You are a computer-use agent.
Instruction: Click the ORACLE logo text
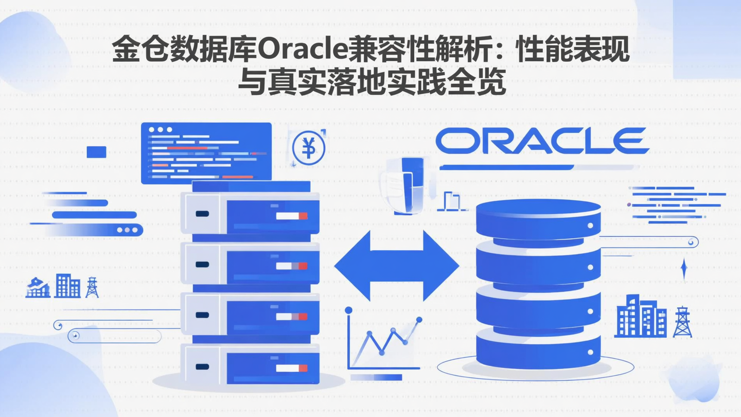point(542,141)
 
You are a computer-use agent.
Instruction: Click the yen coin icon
point(309,149)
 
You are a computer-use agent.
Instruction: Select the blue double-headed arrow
point(396,266)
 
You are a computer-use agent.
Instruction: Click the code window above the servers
point(206,152)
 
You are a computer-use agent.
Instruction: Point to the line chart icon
point(383,340)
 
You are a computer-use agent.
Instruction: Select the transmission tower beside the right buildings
point(682,322)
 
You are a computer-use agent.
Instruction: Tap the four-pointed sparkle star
point(684,269)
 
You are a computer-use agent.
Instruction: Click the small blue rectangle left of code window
point(97,152)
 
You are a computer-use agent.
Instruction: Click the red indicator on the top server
point(303,216)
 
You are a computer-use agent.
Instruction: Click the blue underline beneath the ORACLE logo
point(506,167)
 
